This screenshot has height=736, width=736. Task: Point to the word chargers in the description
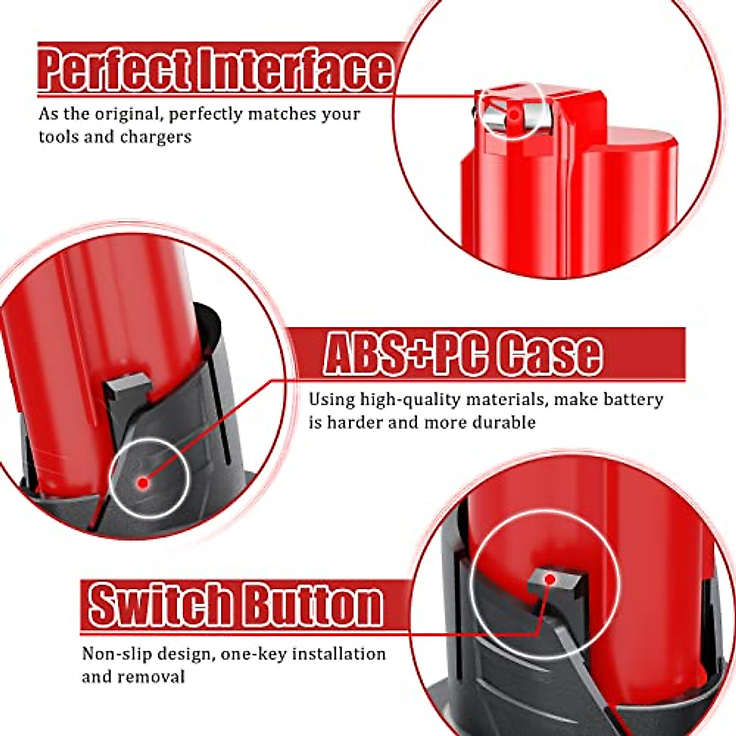coord(156,137)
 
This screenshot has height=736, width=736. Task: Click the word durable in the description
coord(504,423)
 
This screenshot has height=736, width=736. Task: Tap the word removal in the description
coord(151,677)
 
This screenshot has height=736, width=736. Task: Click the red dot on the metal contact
coord(514,114)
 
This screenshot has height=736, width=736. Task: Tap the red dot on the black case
coord(144,482)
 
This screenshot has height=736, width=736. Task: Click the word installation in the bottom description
coord(339,654)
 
